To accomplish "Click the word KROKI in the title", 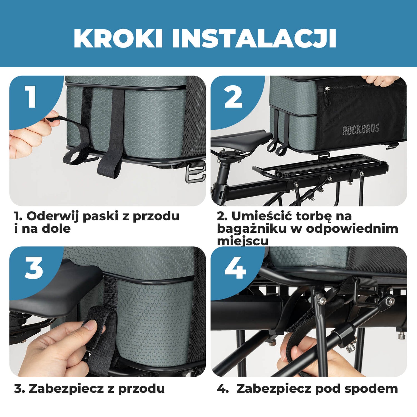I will pyautogui.click(x=118, y=38).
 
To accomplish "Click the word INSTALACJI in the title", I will pyautogui.click(x=254, y=38).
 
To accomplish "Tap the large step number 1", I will pyautogui.click(x=31, y=96).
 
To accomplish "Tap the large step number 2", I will pyautogui.click(x=233, y=97).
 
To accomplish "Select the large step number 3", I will pyautogui.click(x=34, y=268).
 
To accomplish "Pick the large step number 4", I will pyautogui.click(x=235, y=268).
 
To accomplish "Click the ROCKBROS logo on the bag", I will pyautogui.click(x=361, y=130).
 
